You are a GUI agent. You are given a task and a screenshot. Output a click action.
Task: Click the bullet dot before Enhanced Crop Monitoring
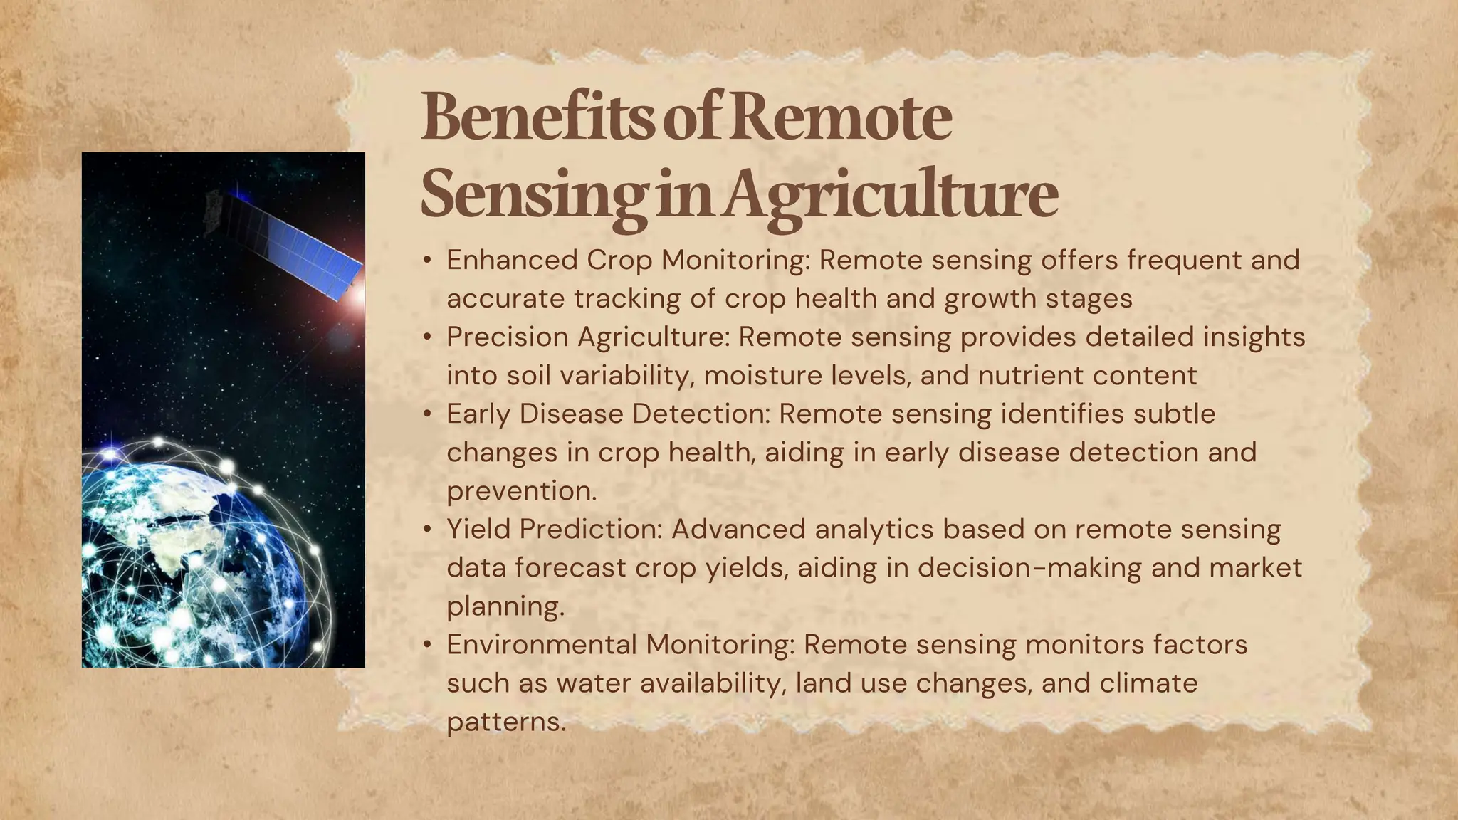426,261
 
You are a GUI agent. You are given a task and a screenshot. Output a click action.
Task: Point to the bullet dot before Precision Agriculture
426,337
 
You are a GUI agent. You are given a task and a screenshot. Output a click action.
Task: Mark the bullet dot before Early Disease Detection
426,414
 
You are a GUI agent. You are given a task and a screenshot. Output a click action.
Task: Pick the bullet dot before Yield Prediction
426,530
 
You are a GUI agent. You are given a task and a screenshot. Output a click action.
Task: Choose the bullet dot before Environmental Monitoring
426,645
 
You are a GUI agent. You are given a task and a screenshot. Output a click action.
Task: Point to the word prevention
521,491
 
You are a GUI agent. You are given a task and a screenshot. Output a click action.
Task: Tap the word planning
505,606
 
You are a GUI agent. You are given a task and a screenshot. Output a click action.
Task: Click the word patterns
505,722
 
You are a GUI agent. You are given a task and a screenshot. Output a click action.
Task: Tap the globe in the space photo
199,562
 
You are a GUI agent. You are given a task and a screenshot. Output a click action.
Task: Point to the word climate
1148,683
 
